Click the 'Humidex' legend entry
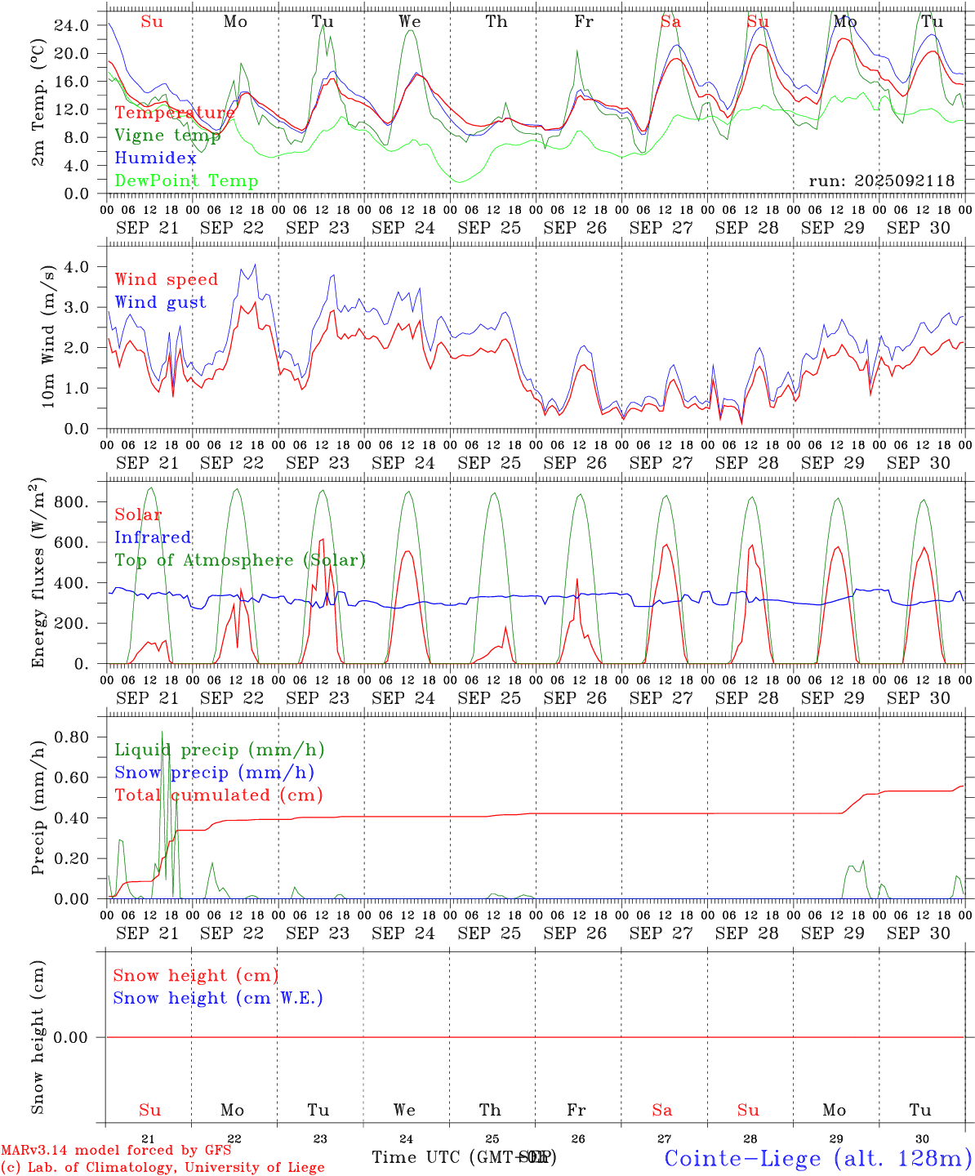tap(155, 158)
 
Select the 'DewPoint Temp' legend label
tap(186, 181)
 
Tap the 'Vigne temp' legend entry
tap(162, 136)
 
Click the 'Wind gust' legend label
tap(160, 302)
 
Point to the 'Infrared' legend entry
tap(153, 537)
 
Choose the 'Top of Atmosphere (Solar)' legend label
tap(239, 560)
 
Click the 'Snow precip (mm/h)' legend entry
tap(214, 773)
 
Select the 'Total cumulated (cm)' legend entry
tap(218, 795)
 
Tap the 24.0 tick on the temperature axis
tap(73, 25)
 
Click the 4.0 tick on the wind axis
tap(78, 267)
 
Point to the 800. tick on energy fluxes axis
tap(71, 502)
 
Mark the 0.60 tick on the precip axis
tap(73, 777)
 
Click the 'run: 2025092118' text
tap(881, 181)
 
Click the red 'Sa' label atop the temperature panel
tap(670, 22)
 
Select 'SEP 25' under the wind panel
tap(489, 463)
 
